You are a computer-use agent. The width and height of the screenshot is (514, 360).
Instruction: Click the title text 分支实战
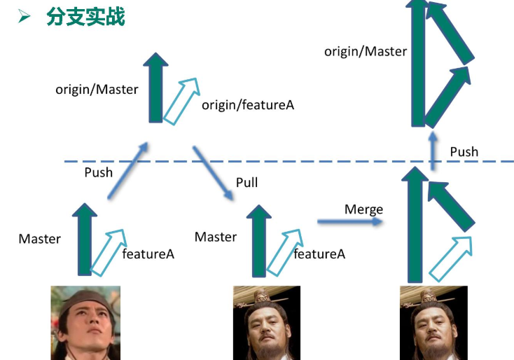[85, 16]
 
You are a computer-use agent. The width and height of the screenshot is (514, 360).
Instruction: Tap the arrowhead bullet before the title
[25, 16]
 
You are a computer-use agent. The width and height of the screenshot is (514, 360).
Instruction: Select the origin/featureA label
[248, 105]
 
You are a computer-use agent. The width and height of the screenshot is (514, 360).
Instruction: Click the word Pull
[246, 183]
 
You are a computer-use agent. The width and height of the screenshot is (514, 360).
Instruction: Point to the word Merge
[363, 209]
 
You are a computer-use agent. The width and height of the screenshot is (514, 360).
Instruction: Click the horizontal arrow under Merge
[350, 222]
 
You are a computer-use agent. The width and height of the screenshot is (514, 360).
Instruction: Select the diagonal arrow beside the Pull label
[214, 172]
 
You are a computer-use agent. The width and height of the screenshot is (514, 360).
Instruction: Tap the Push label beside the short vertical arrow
[464, 152]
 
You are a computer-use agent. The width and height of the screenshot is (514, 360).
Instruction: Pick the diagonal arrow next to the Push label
[127, 171]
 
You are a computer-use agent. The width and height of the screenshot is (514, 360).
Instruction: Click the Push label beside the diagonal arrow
[98, 172]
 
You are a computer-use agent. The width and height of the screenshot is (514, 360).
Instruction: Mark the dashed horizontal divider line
[280, 161]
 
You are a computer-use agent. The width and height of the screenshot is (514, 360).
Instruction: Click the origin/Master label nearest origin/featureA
[97, 90]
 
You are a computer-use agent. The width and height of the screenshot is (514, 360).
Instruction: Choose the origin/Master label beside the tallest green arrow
[365, 51]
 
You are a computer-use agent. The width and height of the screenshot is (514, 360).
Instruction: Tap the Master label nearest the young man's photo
[39, 239]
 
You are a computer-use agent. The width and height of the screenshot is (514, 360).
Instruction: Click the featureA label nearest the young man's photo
[148, 254]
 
